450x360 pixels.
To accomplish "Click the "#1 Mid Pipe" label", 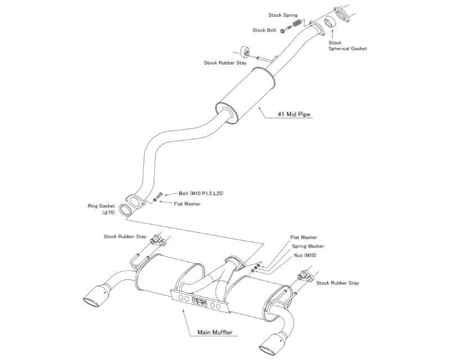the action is coord(294,114).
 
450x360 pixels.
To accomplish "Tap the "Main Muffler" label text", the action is coord(215,332).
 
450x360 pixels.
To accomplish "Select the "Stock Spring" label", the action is coord(283,15).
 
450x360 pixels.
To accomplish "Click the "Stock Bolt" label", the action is coord(264,30).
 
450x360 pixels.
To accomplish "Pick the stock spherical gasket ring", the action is coord(331,22).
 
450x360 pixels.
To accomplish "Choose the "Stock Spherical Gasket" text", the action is coord(348,46).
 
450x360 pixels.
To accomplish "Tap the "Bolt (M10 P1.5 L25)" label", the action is coord(201,193).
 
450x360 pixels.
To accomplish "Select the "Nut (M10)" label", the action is coord(305,255).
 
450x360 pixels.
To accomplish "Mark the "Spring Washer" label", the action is coord(308,246).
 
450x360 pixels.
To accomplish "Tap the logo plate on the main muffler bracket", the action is coord(200,301).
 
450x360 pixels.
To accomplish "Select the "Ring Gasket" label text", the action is coord(101,206).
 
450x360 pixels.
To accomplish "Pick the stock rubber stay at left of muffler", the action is coord(158,240).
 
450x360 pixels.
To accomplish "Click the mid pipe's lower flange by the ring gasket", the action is coord(134,201).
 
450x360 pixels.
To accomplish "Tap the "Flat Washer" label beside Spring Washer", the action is coord(304,237).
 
